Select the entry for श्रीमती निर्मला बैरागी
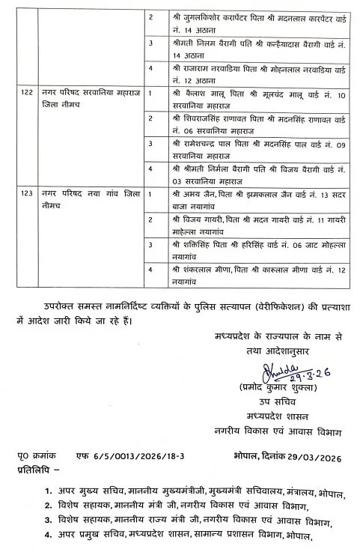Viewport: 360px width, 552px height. pos(248,174)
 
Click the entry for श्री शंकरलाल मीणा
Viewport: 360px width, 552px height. pos(248,275)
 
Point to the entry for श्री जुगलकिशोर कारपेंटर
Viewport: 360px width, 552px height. pos(248,22)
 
